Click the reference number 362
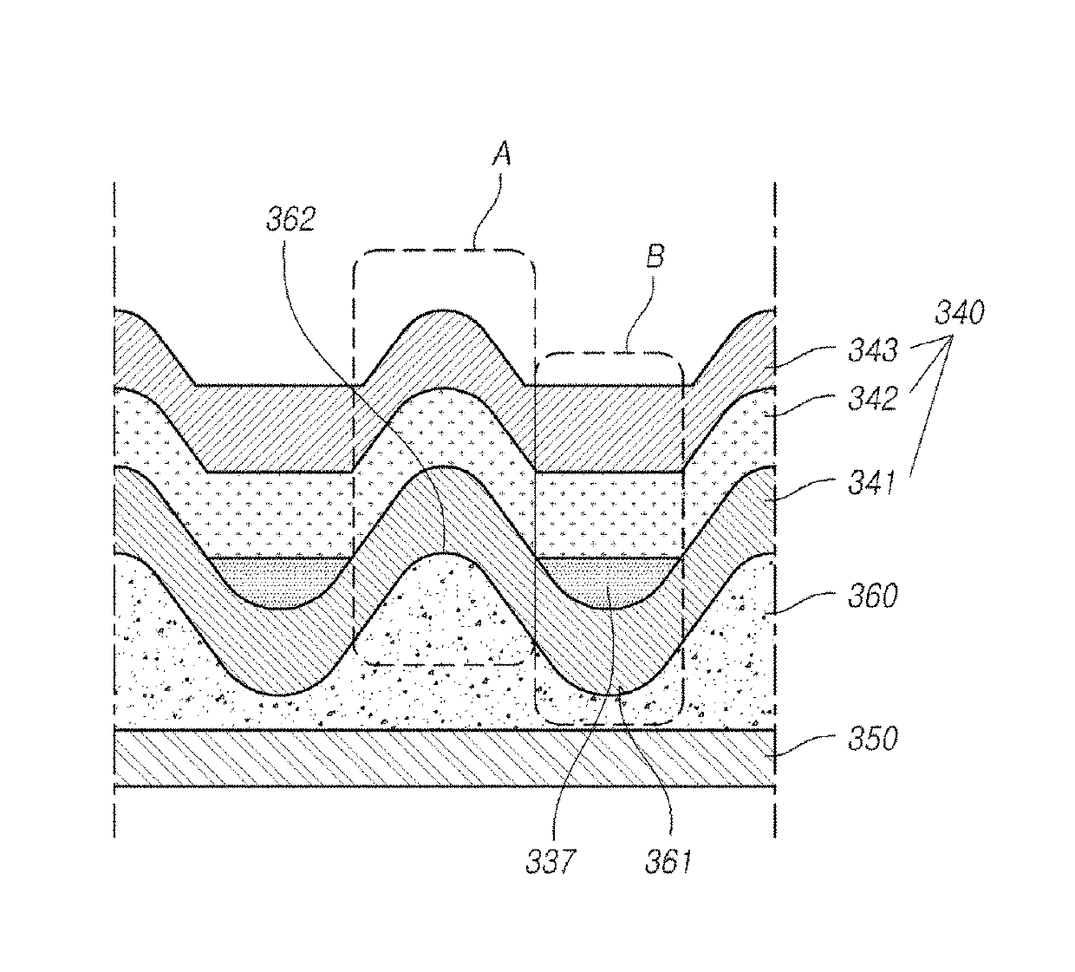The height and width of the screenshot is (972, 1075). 291,219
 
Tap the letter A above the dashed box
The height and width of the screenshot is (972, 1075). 502,153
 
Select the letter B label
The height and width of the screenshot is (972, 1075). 655,256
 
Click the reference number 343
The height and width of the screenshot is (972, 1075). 872,350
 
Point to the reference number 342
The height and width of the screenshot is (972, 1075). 872,399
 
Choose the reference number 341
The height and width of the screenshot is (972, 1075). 871,482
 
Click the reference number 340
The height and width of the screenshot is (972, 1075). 960,312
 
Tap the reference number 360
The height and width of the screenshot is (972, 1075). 872,597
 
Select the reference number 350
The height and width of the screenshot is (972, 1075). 872,739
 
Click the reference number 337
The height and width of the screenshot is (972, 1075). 551,863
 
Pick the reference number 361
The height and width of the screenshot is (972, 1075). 668,863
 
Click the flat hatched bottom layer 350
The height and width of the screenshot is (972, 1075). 445,758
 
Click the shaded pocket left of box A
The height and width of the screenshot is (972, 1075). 278,579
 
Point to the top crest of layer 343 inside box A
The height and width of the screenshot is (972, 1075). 443,311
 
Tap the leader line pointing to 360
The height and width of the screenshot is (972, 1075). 804,603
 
